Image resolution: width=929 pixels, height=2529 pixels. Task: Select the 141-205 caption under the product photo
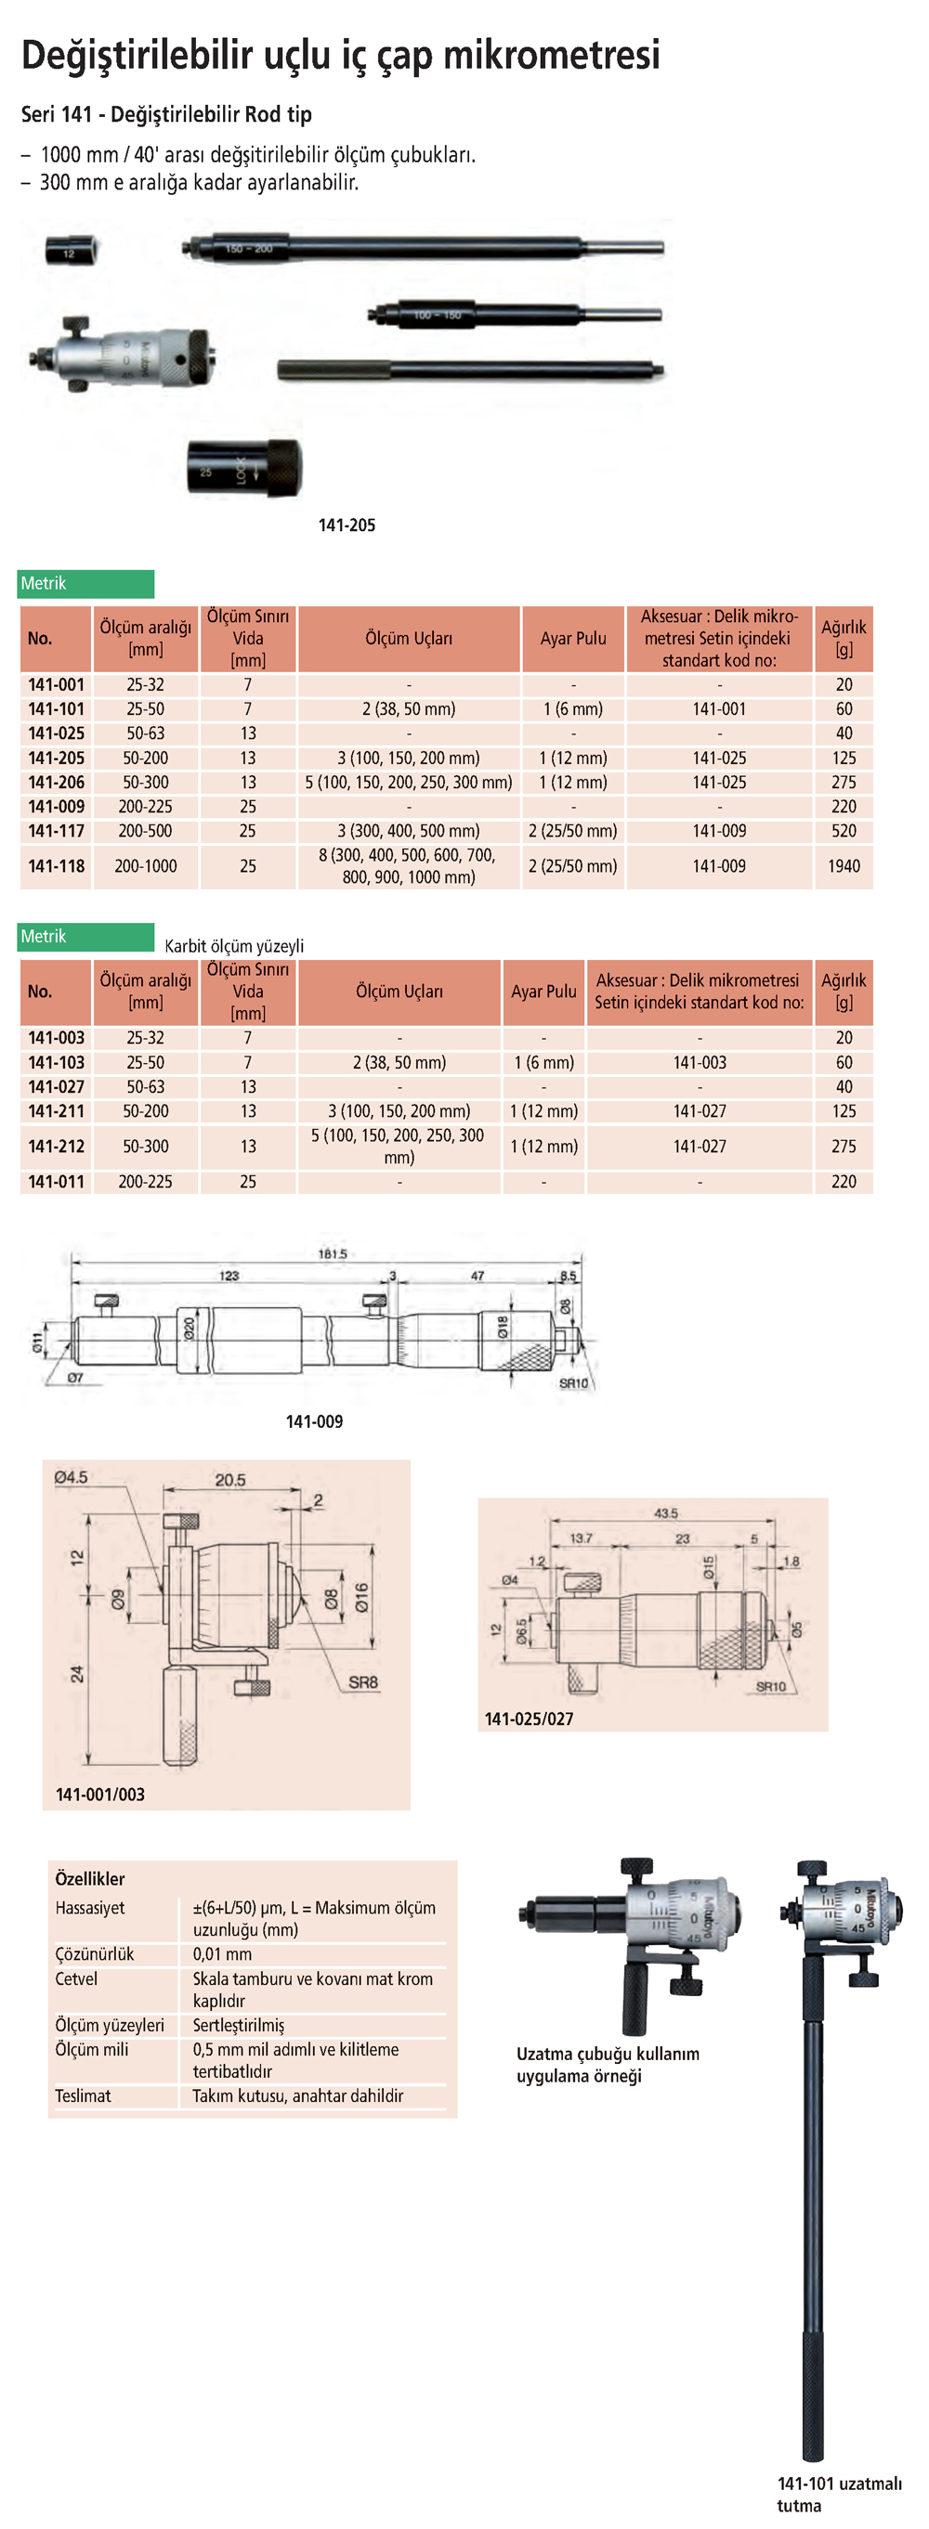tap(347, 525)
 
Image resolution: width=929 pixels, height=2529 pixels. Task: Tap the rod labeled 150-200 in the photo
tap(423, 249)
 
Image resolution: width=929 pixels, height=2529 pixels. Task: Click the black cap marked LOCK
tap(244, 467)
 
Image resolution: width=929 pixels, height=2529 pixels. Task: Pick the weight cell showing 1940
tap(844, 866)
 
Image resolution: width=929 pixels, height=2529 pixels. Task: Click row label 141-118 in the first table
tap(56, 866)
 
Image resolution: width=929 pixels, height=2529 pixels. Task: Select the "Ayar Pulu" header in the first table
tap(573, 638)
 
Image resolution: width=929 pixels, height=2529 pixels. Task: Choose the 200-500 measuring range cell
tap(145, 831)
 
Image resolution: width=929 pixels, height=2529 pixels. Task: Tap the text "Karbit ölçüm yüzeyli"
tap(234, 946)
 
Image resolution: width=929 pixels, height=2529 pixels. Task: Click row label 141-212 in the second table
tap(56, 1146)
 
